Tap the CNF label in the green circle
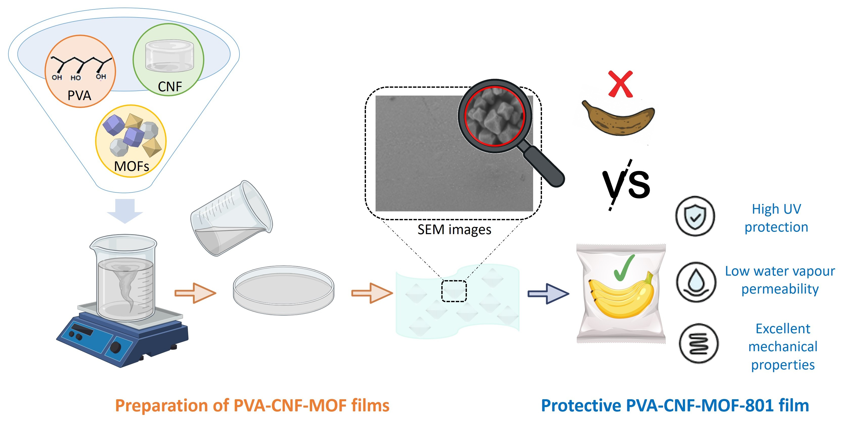[x=170, y=86]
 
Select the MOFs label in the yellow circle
[x=131, y=166]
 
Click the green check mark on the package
[x=624, y=268]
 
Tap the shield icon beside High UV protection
[x=695, y=216]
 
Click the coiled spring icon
[x=699, y=343]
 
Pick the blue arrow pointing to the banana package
[x=548, y=293]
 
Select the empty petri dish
[x=284, y=290]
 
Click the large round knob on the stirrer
[x=115, y=347]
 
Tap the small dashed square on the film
[x=454, y=291]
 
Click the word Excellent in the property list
[x=782, y=328]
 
